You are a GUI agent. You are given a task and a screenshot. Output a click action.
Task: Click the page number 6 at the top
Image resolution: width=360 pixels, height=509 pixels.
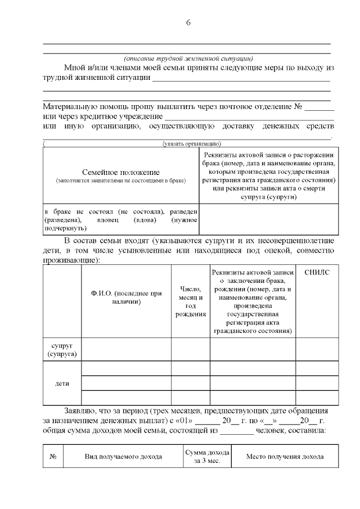click(x=188, y=22)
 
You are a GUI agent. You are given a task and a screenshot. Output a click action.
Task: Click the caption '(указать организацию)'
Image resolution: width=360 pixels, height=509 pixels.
click(x=191, y=143)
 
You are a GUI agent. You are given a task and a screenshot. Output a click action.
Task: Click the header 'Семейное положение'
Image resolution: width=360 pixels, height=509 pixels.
click(x=121, y=172)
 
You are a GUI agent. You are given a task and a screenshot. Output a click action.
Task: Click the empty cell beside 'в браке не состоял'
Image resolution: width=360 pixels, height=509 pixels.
click(x=269, y=219)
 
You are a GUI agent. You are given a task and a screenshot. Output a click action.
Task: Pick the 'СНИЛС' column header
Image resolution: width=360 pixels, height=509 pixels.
click(x=317, y=272)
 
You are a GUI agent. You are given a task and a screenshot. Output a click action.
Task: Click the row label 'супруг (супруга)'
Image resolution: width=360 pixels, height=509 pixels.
click(x=62, y=349)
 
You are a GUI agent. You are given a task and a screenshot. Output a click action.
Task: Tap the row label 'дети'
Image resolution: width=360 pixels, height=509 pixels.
click(x=62, y=383)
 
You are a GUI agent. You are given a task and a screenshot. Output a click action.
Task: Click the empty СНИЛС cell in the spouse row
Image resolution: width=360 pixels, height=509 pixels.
click(x=317, y=349)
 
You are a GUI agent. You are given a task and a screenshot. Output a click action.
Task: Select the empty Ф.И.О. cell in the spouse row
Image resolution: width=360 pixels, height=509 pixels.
click(x=126, y=349)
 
